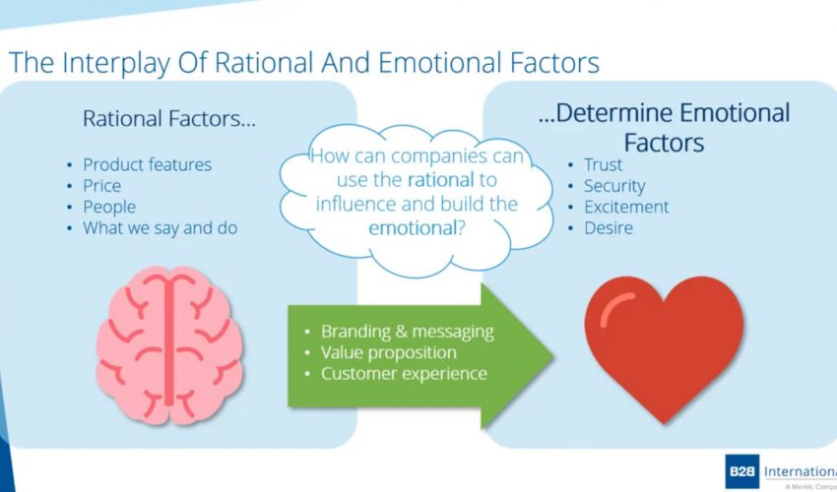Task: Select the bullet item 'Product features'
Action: point(147,164)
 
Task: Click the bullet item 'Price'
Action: point(101,186)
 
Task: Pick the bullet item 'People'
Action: point(109,207)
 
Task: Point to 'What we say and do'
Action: point(160,228)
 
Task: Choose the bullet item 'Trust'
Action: point(604,164)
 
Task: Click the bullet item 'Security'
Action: point(614,186)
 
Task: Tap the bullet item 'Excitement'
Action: point(626,207)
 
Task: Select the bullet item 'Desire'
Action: point(609,228)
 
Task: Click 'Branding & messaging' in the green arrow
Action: point(408,331)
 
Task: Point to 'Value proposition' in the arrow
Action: point(389,352)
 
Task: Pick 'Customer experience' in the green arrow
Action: point(404,374)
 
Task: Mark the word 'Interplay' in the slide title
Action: point(123,63)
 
